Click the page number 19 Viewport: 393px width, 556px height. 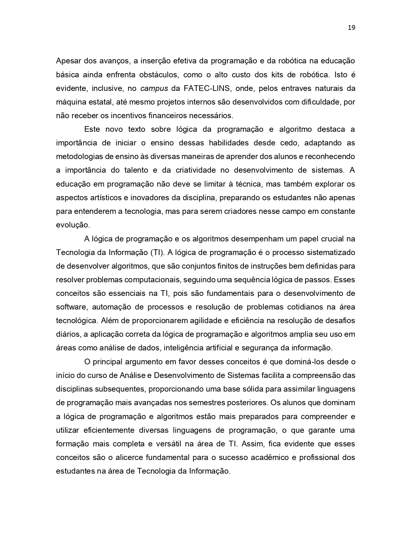tap(351, 28)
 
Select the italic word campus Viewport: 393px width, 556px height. tap(154, 88)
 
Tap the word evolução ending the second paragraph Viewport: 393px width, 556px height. tap(73, 225)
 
